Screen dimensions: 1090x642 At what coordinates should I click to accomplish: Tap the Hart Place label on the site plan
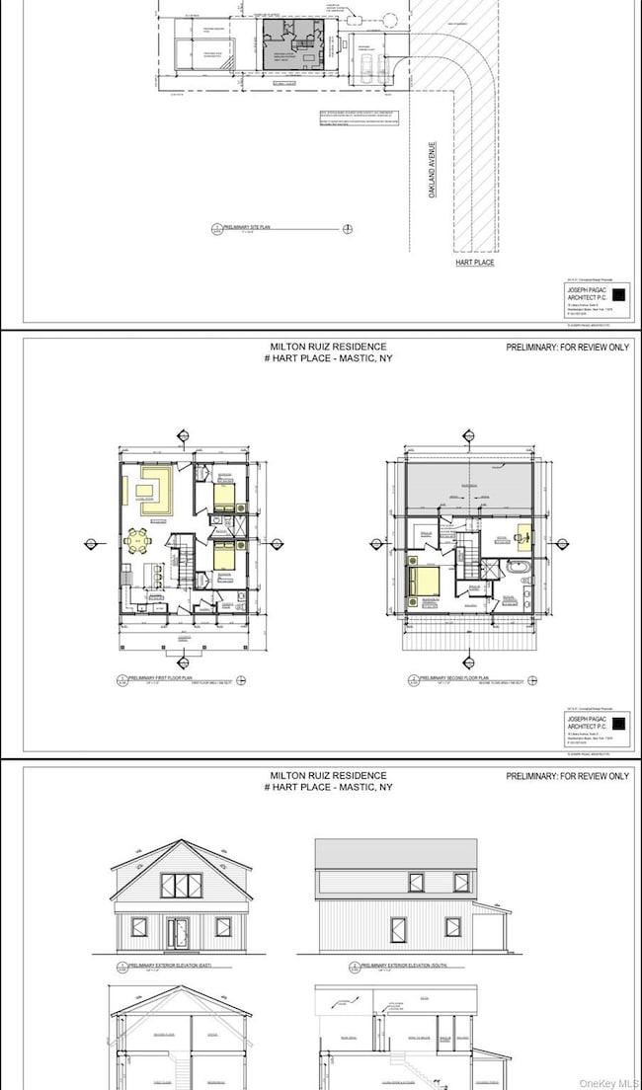pyautogui.click(x=476, y=263)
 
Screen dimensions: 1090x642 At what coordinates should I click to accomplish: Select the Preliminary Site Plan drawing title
pyautogui.click(x=251, y=229)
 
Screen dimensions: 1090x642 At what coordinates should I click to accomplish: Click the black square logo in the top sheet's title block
pyautogui.click(x=618, y=294)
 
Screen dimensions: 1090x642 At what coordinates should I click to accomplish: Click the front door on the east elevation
pyautogui.click(x=180, y=931)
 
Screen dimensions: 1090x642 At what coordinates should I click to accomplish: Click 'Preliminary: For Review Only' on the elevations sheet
pyautogui.click(x=567, y=776)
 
